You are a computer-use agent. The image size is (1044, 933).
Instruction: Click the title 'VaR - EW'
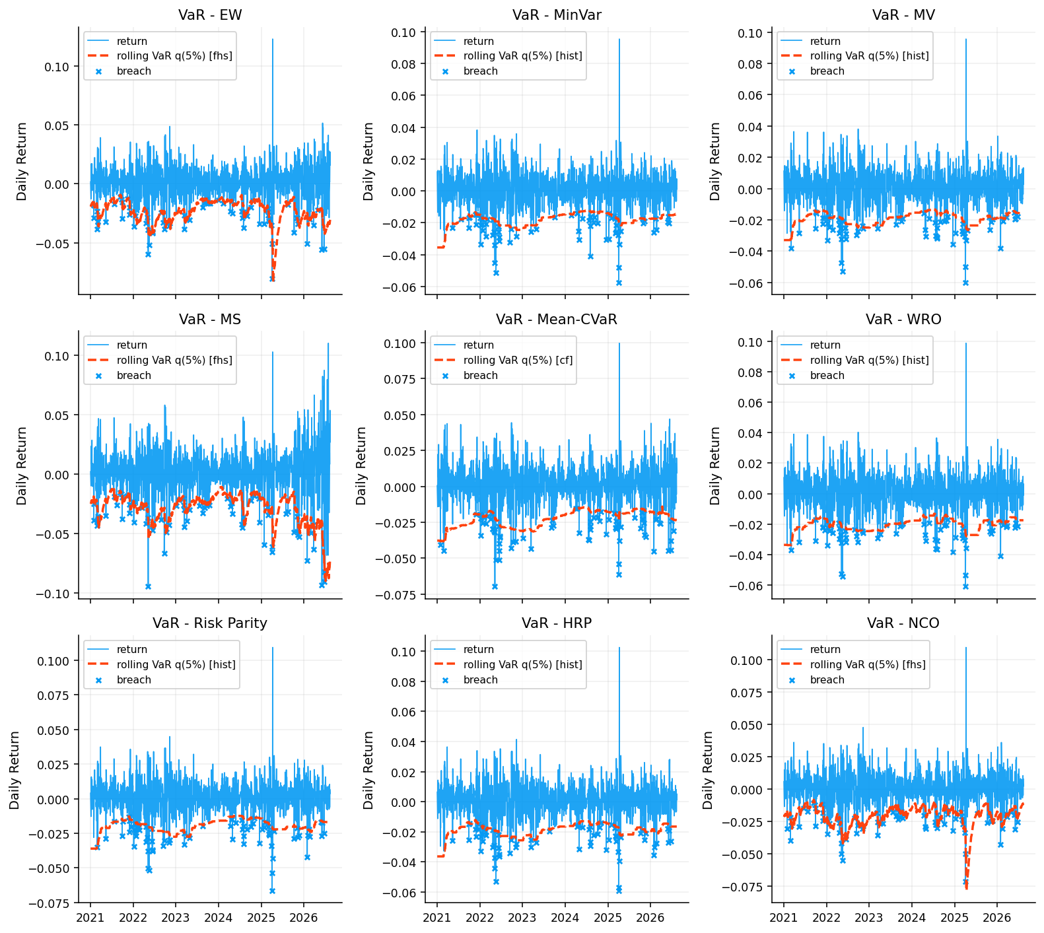click(210, 15)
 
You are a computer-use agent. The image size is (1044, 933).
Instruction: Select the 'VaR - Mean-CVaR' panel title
click(557, 320)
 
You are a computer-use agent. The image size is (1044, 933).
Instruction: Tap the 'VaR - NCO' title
click(903, 623)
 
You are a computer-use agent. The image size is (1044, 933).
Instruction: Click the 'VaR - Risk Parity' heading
click(210, 623)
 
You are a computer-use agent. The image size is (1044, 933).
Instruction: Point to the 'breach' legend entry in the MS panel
click(134, 375)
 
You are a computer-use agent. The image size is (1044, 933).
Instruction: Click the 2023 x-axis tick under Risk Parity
click(176, 917)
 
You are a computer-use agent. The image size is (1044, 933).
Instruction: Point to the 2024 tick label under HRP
click(565, 917)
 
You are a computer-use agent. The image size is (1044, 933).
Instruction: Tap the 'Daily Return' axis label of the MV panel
click(716, 161)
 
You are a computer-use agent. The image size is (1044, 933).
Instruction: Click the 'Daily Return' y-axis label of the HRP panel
click(368, 770)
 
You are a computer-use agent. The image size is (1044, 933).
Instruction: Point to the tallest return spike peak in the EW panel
click(273, 39)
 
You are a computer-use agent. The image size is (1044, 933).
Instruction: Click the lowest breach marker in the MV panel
click(965, 282)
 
